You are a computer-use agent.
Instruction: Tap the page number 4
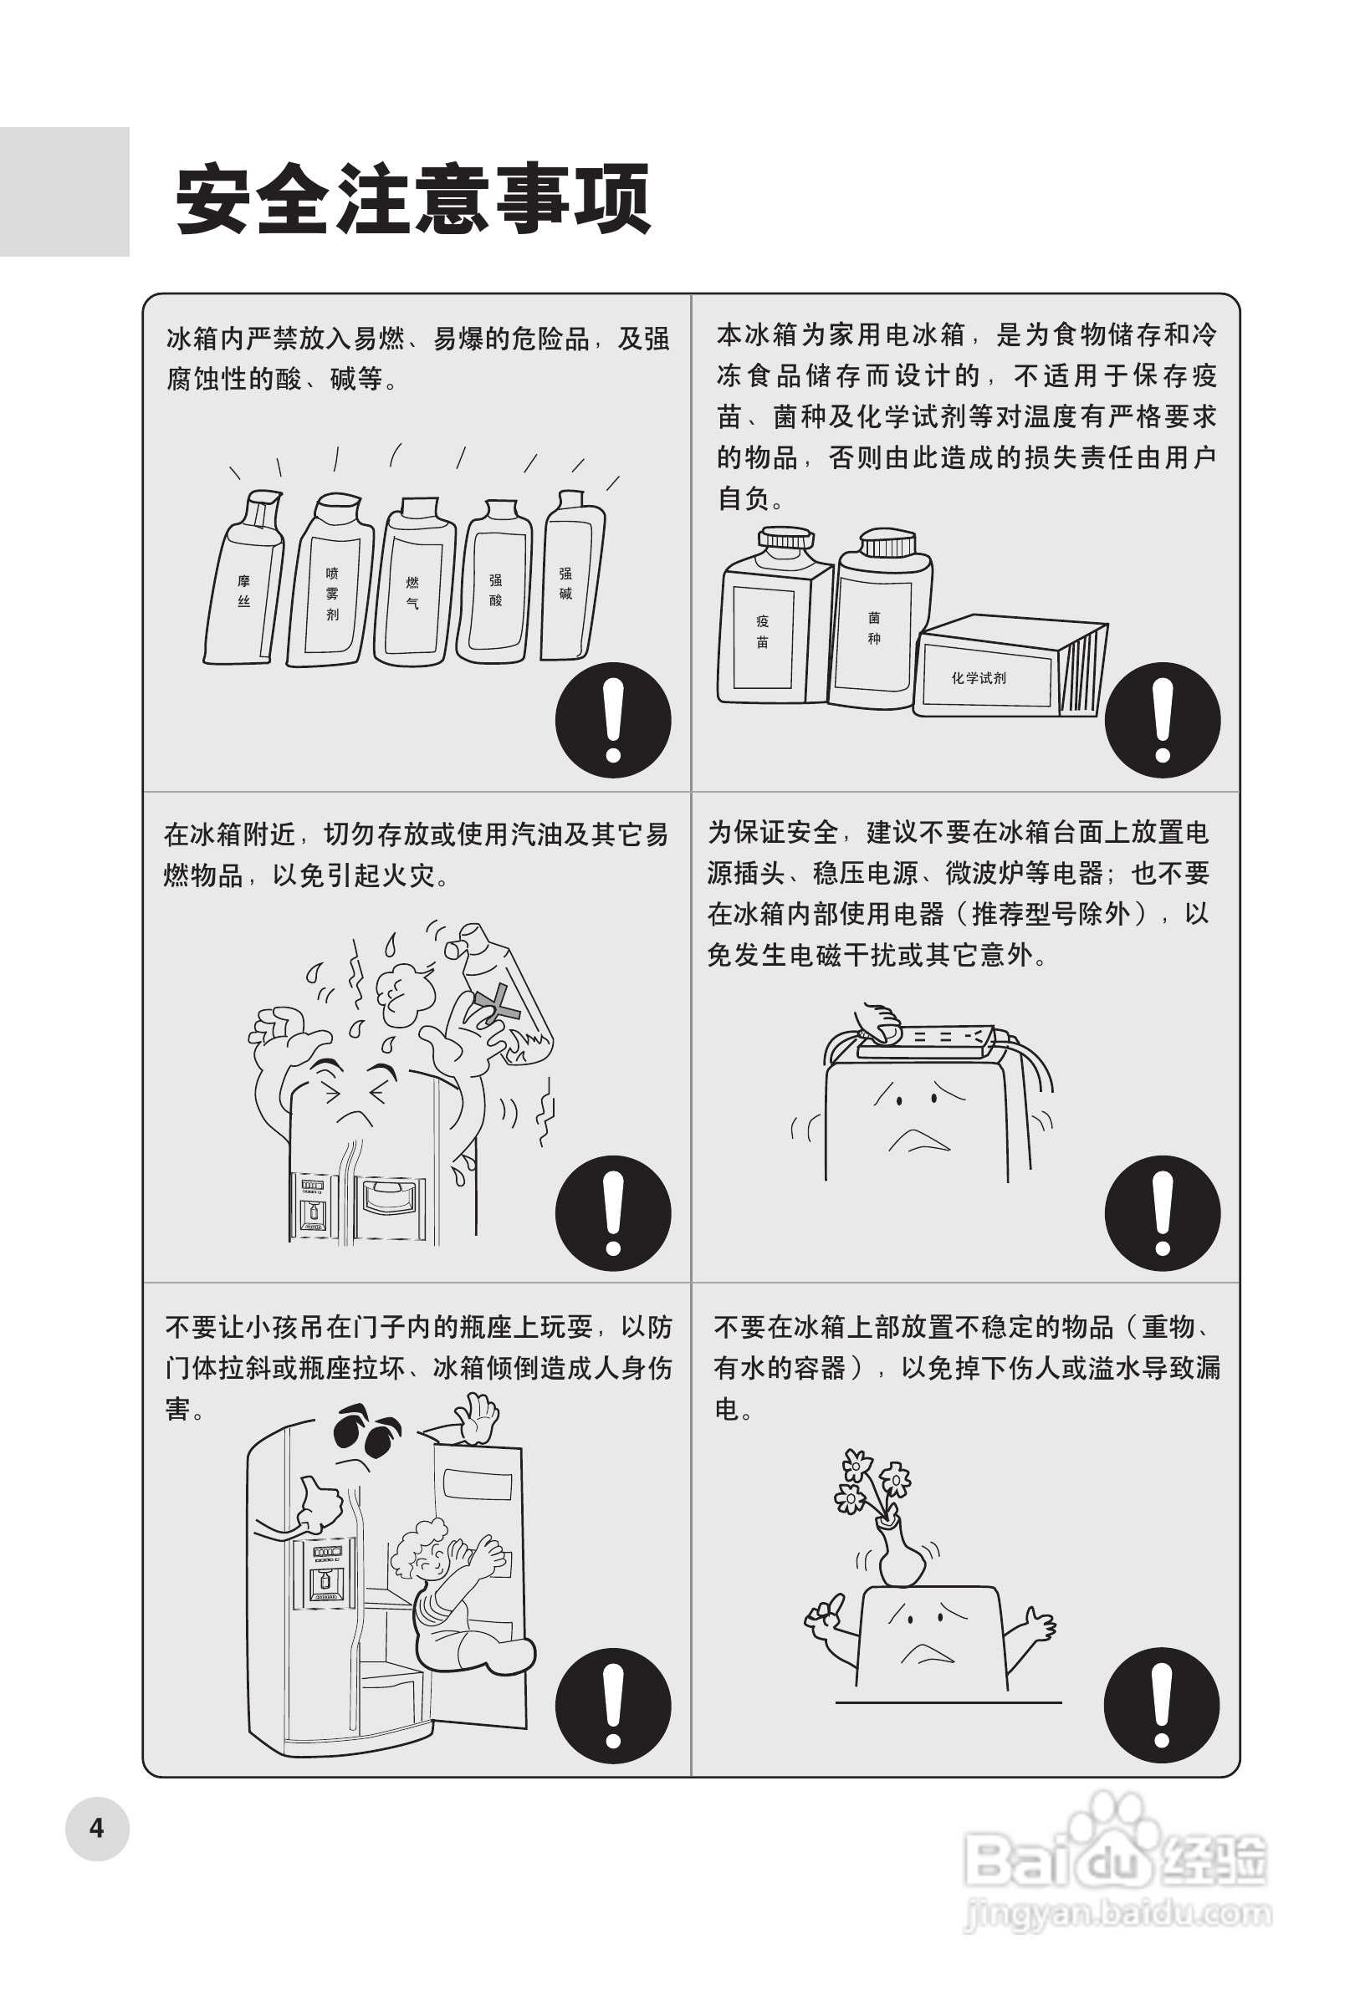click(x=97, y=1828)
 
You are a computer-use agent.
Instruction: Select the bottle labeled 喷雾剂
click(x=330, y=579)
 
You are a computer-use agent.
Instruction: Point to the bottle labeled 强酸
click(x=495, y=581)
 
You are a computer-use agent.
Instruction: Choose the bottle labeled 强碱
click(x=572, y=574)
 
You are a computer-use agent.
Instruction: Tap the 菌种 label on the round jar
click(x=874, y=627)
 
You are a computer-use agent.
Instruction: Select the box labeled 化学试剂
click(x=1010, y=666)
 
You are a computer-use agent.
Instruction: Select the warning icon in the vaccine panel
click(x=1163, y=719)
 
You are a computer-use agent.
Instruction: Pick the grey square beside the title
click(x=64, y=191)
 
